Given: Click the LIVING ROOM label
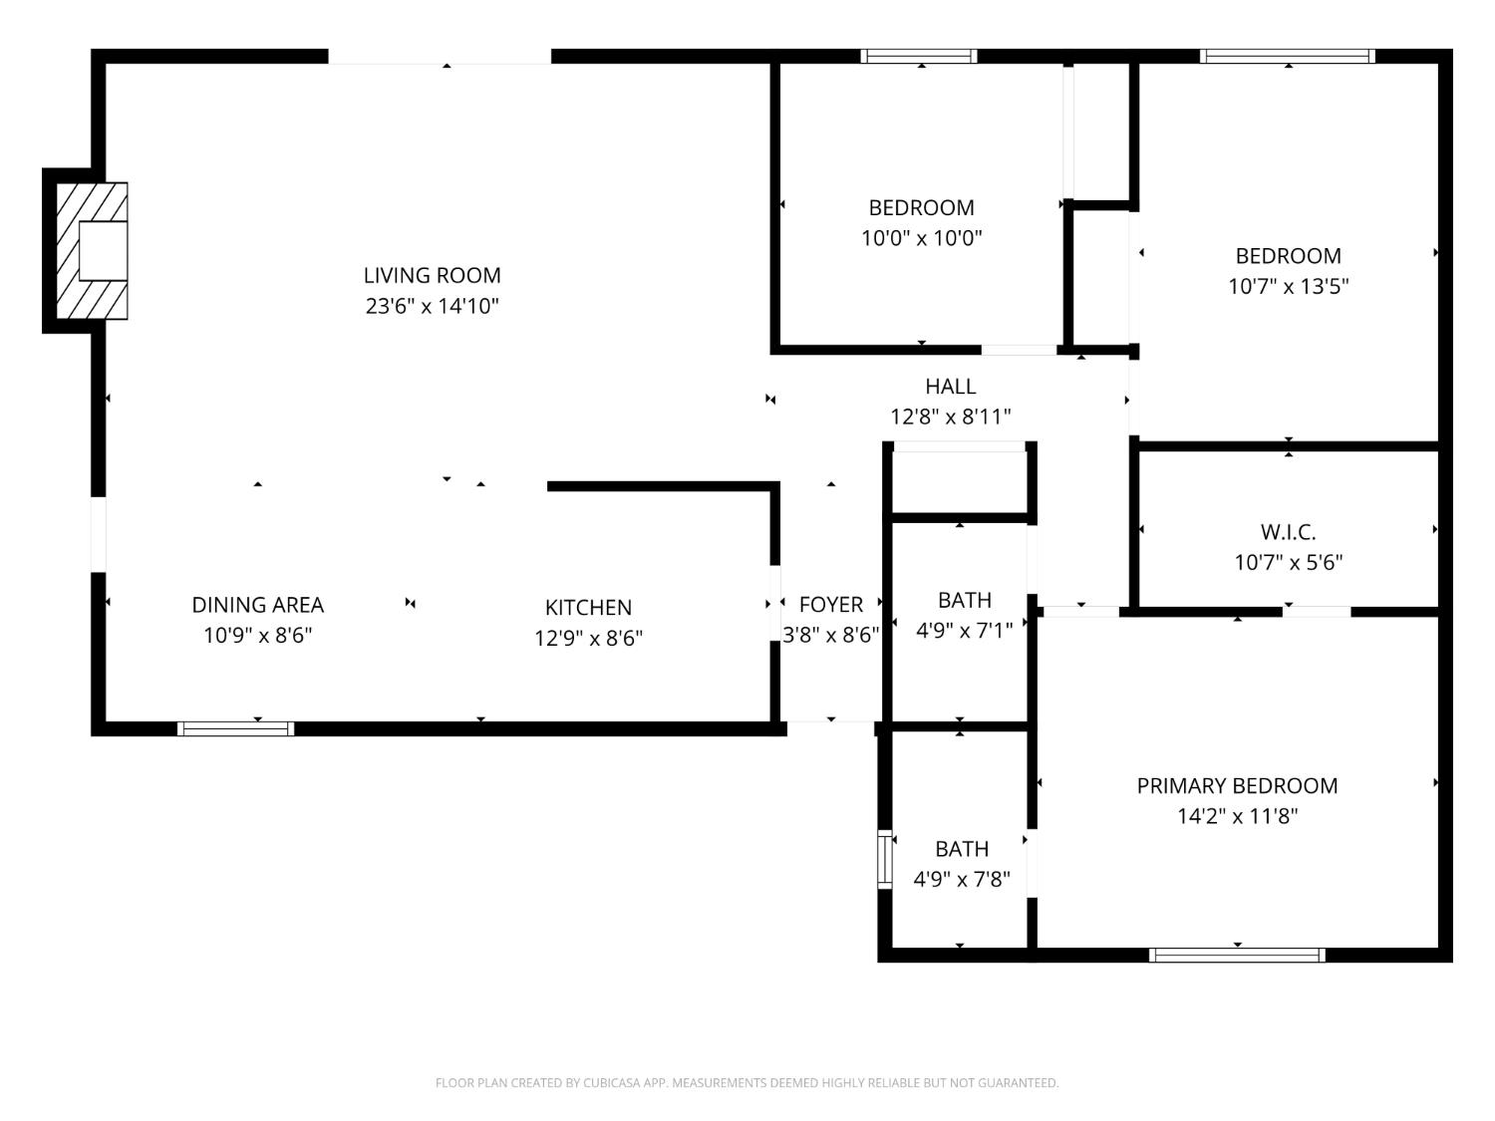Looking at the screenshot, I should pos(432,275).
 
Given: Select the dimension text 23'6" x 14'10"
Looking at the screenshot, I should pos(432,306).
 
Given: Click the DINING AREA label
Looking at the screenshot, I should pos(257,605).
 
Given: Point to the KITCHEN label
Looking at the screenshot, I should pos(588,607).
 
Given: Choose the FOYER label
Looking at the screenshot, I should pos(830,605).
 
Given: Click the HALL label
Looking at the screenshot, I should pos(950,387).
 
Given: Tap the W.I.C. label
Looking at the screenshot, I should pos(1288,532).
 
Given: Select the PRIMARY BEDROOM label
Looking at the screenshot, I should pos(1237,785).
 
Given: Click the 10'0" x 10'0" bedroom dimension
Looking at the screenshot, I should pos(922,238).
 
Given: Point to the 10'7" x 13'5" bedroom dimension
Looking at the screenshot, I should pos(1288,287).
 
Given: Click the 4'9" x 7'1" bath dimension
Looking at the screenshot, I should pos(964,630).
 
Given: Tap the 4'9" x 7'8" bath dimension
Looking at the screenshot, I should pos(962,879).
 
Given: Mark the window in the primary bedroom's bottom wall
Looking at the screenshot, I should pos(1237,955).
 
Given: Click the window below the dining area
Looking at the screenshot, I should pos(235,728).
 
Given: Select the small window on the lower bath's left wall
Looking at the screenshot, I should pos(883,859).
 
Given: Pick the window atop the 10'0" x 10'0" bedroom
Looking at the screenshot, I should pos(919,57).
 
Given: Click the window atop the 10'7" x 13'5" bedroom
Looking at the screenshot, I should pos(1288,57).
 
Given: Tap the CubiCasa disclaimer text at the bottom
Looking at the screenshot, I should pos(747,1083).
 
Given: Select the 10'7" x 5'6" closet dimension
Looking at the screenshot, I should pos(1288,562).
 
